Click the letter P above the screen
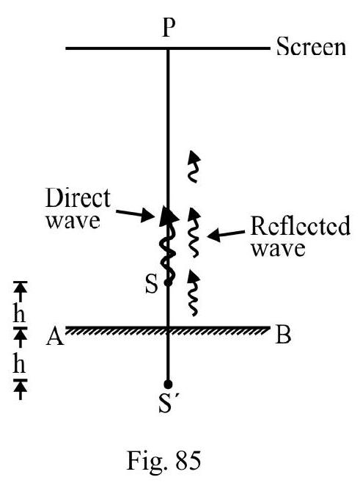[169, 27]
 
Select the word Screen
[311, 47]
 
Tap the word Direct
[78, 198]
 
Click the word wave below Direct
[73, 221]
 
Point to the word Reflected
[300, 225]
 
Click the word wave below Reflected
[279, 249]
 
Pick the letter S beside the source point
[151, 284]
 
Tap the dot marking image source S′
[168, 384]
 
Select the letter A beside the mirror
[55, 337]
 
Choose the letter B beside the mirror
[283, 335]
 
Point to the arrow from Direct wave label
[135, 214]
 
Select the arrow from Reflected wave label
[226, 235]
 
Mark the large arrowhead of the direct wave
[169, 216]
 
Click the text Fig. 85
[164, 461]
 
